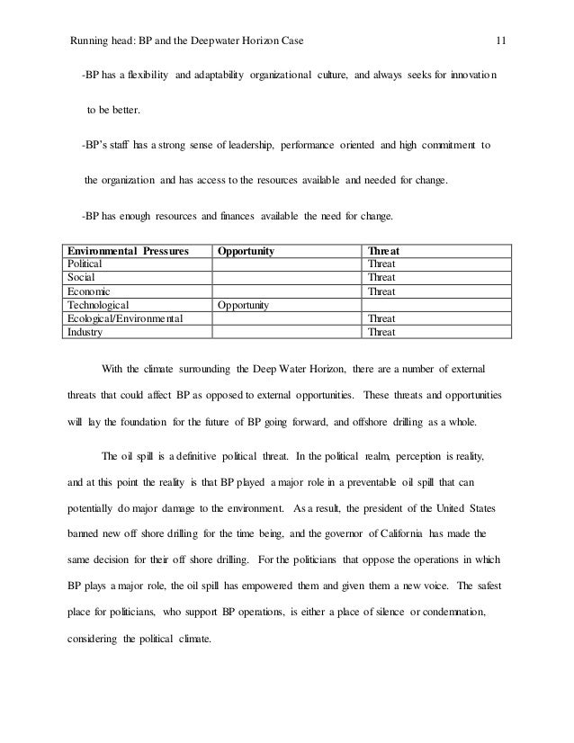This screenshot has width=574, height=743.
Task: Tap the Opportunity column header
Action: pos(246,251)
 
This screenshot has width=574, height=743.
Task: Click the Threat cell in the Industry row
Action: pos(382,332)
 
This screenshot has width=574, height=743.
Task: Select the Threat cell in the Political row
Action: pos(382,264)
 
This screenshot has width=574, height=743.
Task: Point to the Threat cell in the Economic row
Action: pos(382,291)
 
